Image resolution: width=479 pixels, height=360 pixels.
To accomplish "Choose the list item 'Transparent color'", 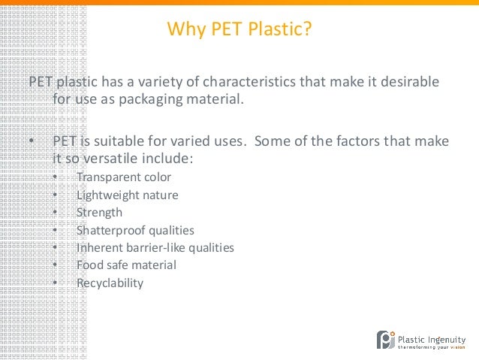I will [x=124, y=177].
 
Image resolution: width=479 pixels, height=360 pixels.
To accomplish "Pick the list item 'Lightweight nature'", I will [x=128, y=195].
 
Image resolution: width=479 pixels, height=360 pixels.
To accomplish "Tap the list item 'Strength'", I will [x=99, y=213].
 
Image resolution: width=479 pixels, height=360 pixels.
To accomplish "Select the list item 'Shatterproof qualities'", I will [x=135, y=230].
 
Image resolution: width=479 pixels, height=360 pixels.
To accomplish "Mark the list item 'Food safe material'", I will [x=126, y=265].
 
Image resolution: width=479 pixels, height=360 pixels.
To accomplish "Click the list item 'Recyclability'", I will [x=110, y=283].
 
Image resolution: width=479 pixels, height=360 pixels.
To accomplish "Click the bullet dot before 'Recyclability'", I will [x=56, y=283].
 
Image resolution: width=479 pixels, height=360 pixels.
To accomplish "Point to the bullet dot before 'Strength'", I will [x=56, y=213].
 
